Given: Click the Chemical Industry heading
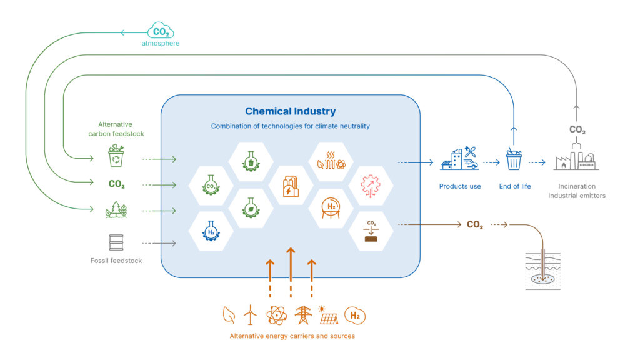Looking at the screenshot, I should (x=290, y=111).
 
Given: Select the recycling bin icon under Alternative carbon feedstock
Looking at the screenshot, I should (x=117, y=156).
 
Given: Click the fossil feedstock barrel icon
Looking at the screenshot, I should (x=117, y=242).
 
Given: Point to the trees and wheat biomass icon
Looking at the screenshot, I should (x=117, y=210).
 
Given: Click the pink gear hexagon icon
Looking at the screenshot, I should (x=371, y=186).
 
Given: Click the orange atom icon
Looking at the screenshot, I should (x=276, y=315).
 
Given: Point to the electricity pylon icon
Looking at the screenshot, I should (x=303, y=315).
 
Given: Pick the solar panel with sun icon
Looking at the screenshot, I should (x=328, y=315).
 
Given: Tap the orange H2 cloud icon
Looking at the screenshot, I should (x=355, y=316).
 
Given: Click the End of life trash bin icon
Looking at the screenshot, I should (x=514, y=159).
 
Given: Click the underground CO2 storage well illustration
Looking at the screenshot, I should (x=542, y=270).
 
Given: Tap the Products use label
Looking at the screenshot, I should (x=460, y=186).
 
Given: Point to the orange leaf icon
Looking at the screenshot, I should (x=229, y=315).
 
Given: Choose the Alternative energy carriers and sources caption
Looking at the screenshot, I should (x=292, y=336).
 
